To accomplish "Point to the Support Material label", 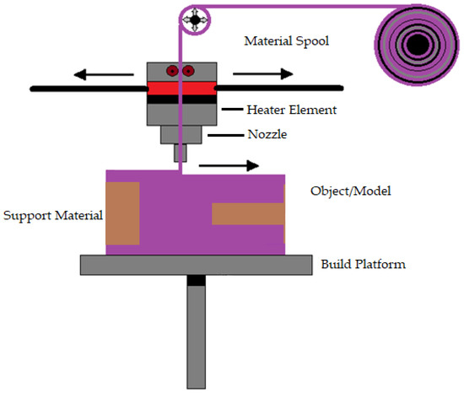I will [x=53, y=216].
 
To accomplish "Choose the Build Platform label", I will [x=364, y=264].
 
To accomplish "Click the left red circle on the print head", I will [x=172, y=71].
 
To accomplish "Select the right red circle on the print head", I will [x=188, y=71].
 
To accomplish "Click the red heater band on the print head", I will [x=181, y=87].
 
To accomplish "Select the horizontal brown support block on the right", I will [x=248, y=214].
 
